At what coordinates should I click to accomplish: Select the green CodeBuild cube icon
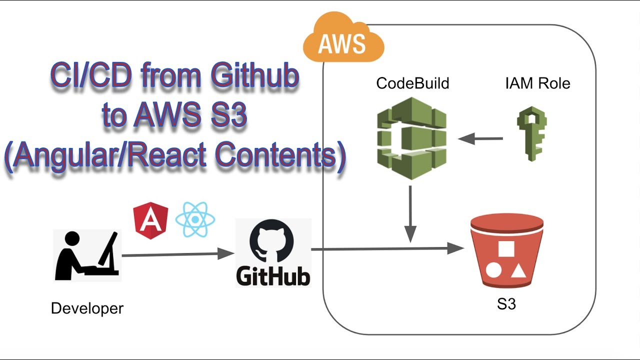pos(411,138)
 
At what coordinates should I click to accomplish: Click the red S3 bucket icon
pos(506,250)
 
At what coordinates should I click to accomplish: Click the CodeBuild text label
pos(412,83)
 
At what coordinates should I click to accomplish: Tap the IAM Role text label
pos(537,83)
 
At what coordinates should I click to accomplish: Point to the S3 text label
pos(506,304)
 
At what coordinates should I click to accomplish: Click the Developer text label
pos(87,308)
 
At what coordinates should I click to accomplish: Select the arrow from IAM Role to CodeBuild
pos(480,138)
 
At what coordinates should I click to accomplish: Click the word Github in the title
pos(254,76)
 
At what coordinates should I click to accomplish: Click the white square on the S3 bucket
pos(506,249)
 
